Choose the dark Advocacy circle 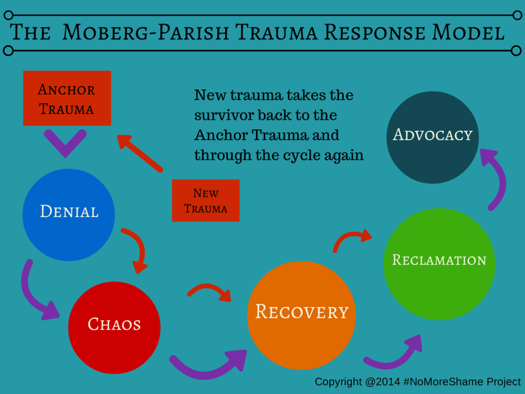[432, 137]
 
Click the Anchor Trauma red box [67, 98]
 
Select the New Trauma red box [206, 200]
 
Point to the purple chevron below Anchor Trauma [66, 141]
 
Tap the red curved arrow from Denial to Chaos [136, 250]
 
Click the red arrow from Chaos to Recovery [210, 291]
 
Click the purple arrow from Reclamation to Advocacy [496, 179]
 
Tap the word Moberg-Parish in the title [144, 33]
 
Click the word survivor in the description [224, 115]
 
